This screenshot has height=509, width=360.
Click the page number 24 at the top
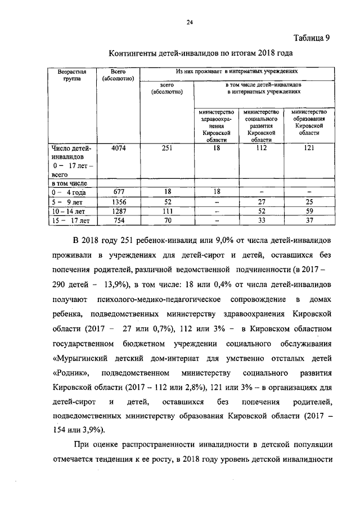190,22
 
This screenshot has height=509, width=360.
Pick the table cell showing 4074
119,148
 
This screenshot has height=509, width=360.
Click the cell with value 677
118,191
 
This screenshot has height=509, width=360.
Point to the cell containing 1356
118,201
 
